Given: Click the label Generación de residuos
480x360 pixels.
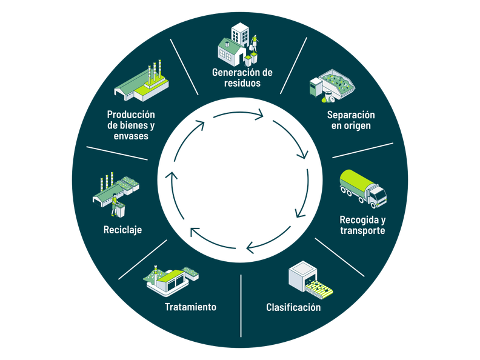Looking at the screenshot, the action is [242, 78].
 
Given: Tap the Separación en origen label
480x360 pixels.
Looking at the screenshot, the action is [351, 120].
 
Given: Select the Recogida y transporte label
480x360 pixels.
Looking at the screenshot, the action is [363, 225].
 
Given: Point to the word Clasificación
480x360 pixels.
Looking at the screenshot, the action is [293, 307].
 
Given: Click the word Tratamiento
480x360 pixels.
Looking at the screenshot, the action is [190, 307].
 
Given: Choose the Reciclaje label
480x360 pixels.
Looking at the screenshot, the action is [122, 230].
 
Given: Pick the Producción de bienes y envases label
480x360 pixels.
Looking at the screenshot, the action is [131, 125].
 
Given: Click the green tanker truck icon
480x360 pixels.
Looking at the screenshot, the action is [363, 189].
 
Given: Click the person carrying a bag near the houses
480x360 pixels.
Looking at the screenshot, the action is [254, 43].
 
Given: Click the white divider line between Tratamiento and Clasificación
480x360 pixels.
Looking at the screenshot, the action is [241, 306].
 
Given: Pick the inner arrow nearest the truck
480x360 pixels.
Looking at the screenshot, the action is [303, 193].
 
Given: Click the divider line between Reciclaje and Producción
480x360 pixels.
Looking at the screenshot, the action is [117, 153].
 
